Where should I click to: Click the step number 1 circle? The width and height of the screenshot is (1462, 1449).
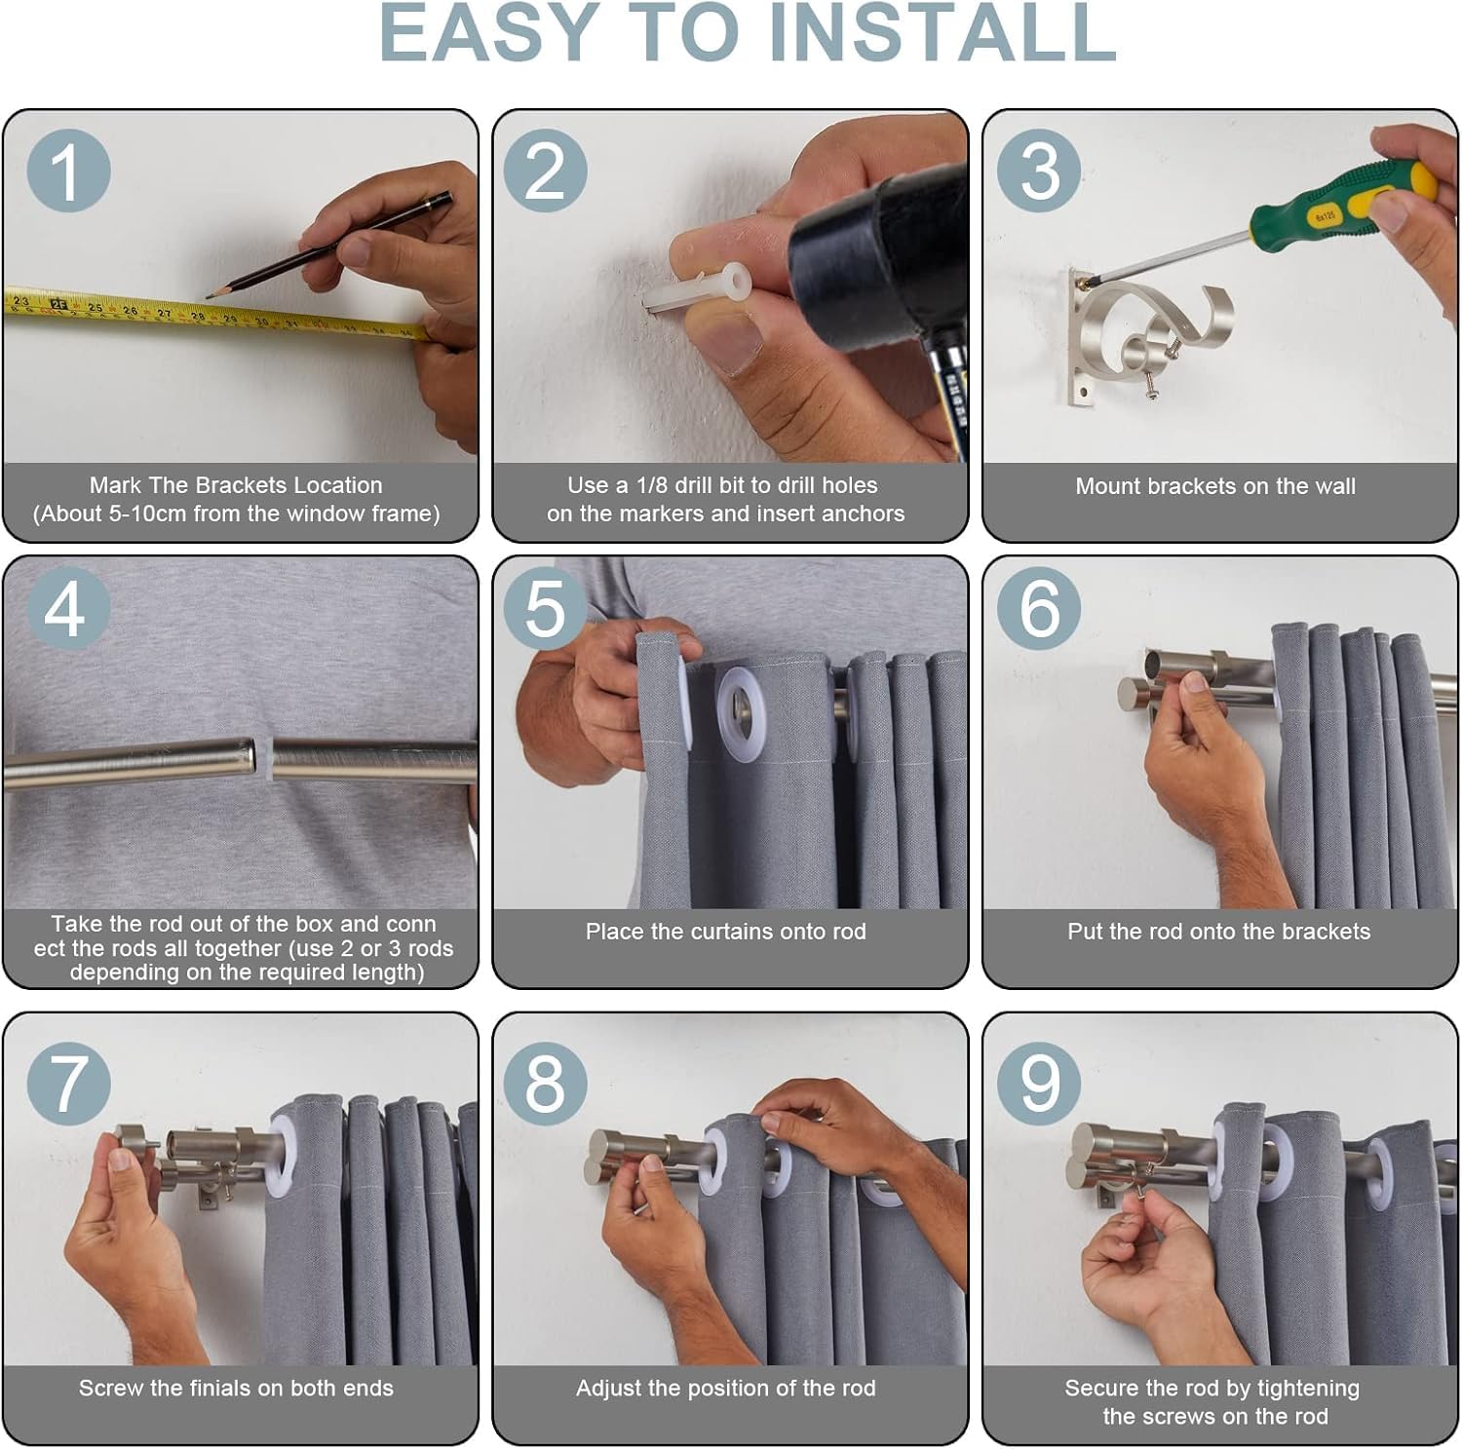click(67, 171)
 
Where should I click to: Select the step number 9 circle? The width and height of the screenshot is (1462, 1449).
click(1039, 1083)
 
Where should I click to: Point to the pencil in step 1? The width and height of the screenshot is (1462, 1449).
click(328, 245)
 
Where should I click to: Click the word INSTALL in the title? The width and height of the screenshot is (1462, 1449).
click(943, 33)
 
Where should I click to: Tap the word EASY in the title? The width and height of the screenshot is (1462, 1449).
click(487, 33)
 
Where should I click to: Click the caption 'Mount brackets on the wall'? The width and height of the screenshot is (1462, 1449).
click(1215, 486)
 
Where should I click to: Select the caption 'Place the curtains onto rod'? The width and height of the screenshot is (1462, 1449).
click(725, 932)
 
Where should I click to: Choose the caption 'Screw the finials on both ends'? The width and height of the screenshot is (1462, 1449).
click(236, 1389)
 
